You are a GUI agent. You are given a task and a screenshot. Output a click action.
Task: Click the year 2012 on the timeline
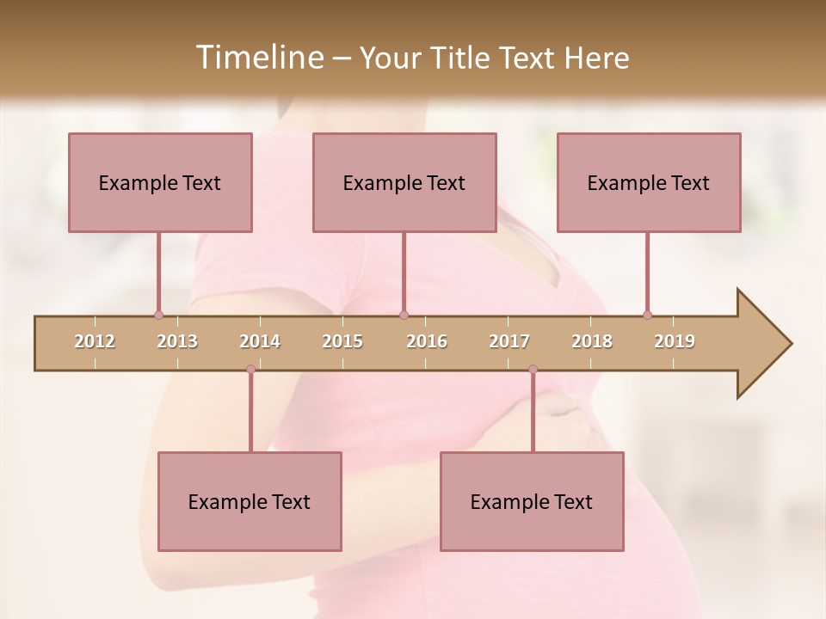tap(95, 341)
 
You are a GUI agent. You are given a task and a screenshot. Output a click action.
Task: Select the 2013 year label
tap(177, 341)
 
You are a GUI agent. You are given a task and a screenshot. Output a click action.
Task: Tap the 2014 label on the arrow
tap(260, 341)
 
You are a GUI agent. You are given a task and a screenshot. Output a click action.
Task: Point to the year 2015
tap(342, 341)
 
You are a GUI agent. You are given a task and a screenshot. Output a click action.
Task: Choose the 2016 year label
tap(427, 341)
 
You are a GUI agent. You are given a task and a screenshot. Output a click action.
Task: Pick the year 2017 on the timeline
tap(509, 341)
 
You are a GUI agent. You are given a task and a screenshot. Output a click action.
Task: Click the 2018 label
tap(592, 341)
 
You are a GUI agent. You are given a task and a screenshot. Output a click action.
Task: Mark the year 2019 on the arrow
tap(675, 341)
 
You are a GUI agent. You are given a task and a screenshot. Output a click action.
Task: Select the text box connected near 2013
tap(160, 182)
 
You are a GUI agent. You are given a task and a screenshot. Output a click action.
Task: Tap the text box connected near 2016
tap(404, 182)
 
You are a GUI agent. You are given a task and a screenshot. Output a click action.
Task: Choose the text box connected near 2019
tap(649, 182)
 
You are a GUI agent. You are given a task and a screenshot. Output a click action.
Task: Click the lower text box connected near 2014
tap(250, 501)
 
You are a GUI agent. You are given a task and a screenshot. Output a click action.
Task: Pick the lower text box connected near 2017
tap(532, 501)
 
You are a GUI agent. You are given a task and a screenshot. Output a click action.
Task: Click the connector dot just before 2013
tap(158, 315)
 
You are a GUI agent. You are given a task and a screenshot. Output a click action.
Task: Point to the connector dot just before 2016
tap(404, 315)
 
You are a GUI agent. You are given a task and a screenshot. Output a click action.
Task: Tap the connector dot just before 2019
tap(647, 315)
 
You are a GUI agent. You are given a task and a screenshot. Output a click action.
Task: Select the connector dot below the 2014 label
tap(250, 369)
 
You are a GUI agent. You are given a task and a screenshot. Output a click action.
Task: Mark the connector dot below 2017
tap(533, 369)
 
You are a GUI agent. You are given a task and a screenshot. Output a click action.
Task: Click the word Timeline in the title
tap(258, 58)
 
